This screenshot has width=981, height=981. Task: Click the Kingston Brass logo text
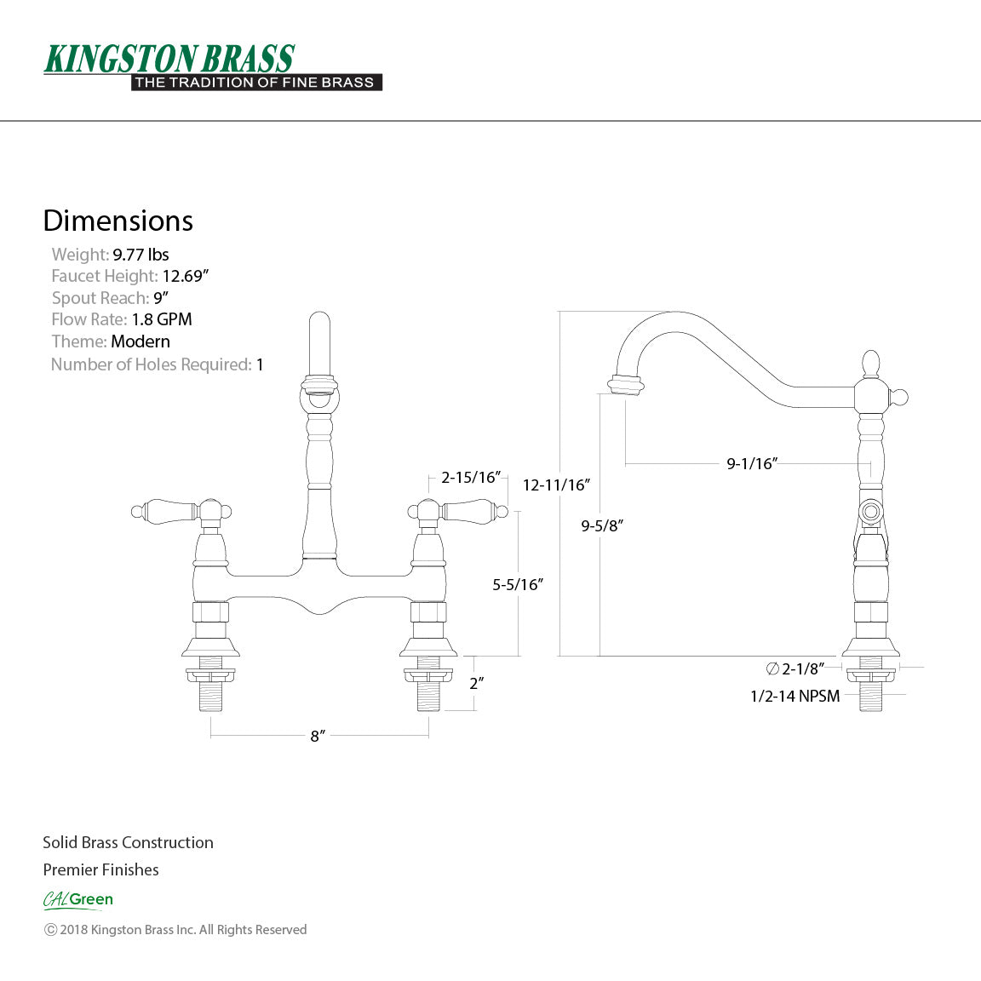[x=169, y=59]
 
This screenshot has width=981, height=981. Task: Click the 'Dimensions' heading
[x=118, y=221]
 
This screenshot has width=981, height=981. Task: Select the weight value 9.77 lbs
[x=141, y=255]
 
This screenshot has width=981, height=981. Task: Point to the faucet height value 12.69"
[x=186, y=276]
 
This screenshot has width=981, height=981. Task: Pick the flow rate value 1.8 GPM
[x=162, y=319]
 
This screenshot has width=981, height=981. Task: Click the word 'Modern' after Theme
[x=141, y=341]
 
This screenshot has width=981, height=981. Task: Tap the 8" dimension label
[x=318, y=736]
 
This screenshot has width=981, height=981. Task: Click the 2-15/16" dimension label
[x=470, y=477]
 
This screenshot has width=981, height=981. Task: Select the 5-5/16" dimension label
[x=518, y=584]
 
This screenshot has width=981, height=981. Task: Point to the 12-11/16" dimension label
[x=556, y=485]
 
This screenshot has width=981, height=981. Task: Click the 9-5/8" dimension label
[x=602, y=525]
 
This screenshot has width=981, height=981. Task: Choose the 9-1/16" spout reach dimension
[x=752, y=464]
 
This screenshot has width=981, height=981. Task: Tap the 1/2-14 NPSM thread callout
[x=795, y=696]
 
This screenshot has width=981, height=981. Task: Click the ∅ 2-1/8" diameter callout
[x=795, y=668]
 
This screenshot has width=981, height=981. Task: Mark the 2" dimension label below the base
[x=476, y=683]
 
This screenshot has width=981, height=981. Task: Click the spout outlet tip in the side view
[x=625, y=387]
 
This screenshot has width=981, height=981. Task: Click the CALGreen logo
[x=78, y=899]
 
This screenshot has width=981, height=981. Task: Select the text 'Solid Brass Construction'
[x=128, y=842]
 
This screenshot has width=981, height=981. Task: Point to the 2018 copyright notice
[x=175, y=930]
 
